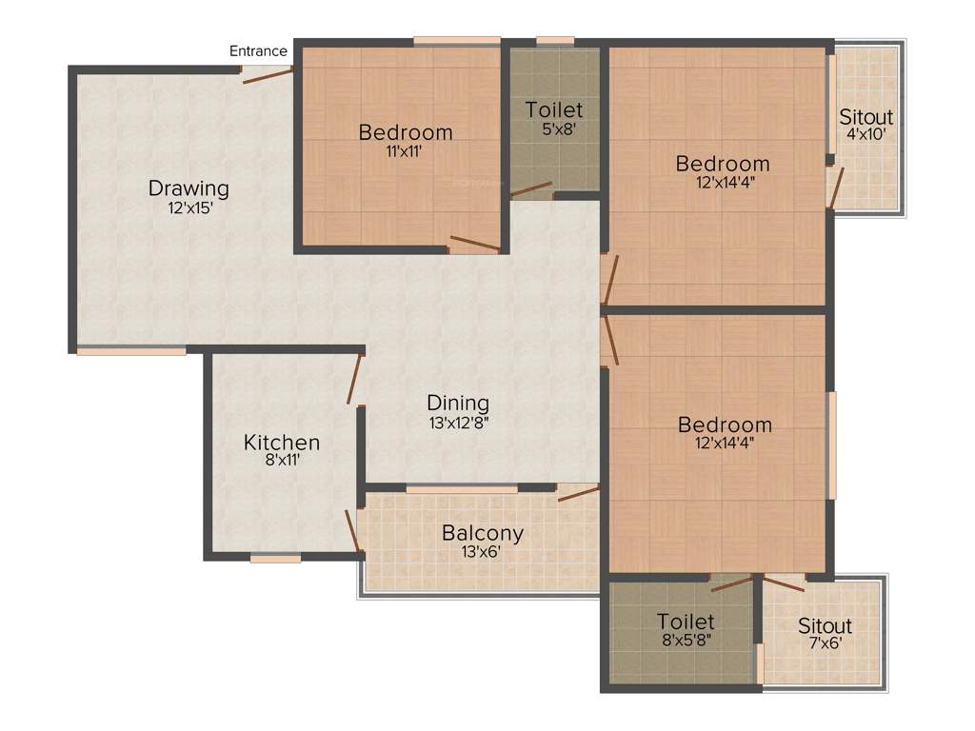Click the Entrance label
pos(258,51)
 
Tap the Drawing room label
pos(189,188)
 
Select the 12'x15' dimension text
pos(189,207)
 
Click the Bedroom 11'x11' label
pos(406,132)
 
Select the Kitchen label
pos(282,443)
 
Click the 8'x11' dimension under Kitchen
pos(282,461)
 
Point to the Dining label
pos(457,403)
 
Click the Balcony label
pos(483,533)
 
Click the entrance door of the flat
pos(267,75)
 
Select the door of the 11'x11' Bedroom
pos(474,245)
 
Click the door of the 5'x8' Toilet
pos(531,189)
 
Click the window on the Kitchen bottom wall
pos(275,559)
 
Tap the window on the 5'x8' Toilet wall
pos(554,41)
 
